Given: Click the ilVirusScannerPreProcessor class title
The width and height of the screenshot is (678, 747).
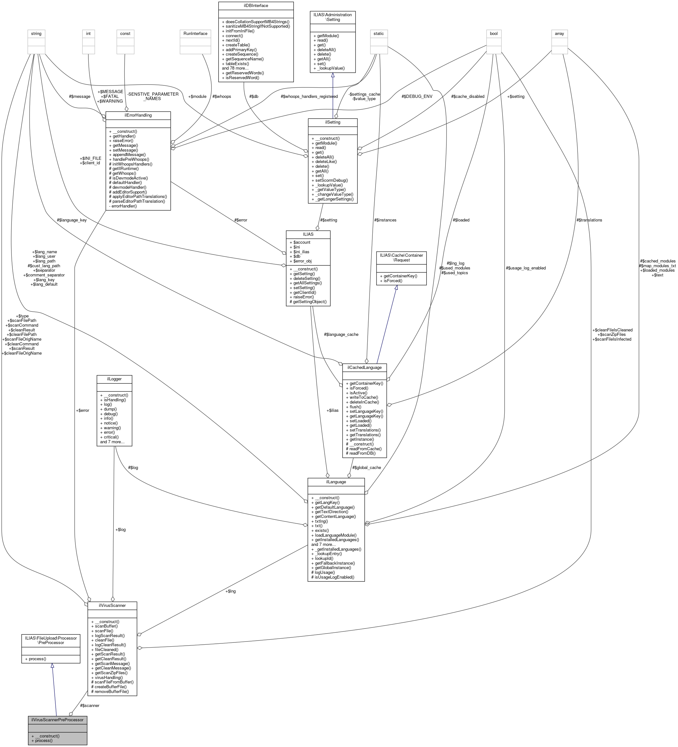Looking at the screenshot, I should tap(57, 720).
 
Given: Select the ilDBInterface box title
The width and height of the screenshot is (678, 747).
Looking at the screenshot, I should tap(256, 5).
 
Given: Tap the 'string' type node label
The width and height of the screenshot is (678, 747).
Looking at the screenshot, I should tap(36, 34).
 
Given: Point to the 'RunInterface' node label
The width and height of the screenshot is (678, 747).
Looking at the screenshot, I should tap(196, 34).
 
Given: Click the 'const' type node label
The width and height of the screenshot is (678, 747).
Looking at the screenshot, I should tap(125, 34).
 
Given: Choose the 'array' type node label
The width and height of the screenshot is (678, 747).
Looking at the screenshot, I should tap(559, 34).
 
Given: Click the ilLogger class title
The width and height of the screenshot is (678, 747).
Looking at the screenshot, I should tap(114, 379).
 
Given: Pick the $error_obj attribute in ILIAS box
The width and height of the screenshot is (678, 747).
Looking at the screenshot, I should tap(302, 261).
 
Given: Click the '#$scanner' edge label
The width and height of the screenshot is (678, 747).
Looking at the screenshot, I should tap(90, 705).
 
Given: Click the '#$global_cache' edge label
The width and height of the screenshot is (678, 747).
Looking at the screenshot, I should tap(366, 468).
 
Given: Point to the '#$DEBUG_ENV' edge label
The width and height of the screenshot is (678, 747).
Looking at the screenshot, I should tap(417, 97).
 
